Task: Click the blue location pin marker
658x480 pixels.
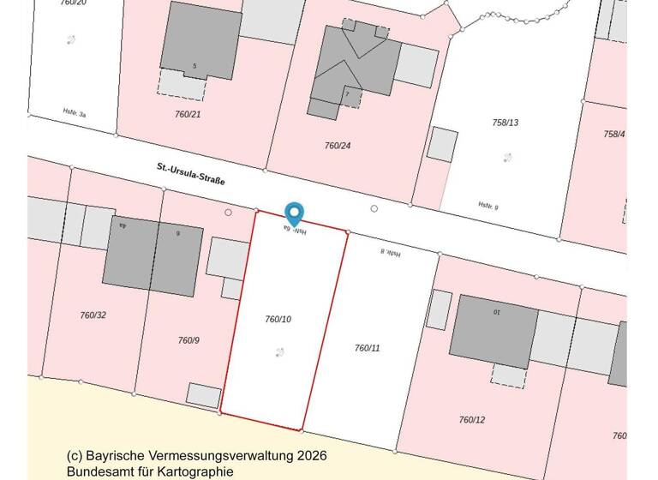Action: click(x=294, y=213)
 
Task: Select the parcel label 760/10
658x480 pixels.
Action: click(x=278, y=319)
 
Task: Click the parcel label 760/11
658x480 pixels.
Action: click(x=367, y=348)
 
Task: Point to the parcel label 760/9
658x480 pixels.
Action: click(x=188, y=340)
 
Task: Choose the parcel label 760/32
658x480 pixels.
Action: click(x=93, y=315)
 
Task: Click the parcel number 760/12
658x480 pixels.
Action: click(x=471, y=420)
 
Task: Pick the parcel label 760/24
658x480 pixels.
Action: click(x=338, y=146)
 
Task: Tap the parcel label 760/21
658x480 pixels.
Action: click(x=188, y=114)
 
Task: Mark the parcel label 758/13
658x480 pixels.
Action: click(x=505, y=123)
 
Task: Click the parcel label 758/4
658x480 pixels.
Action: click(x=614, y=134)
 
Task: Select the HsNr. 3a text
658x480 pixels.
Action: click(x=75, y=111)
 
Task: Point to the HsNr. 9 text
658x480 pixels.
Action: click(x=488, y=206)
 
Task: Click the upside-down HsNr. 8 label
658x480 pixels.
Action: click(x=391, y=253)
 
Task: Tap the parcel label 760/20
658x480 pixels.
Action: click(x=73, y=3)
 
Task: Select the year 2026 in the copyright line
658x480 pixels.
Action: click(x=311, y=456)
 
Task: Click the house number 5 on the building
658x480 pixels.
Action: click(x=194, y=66)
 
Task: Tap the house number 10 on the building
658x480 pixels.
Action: click(x=495, y=311)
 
